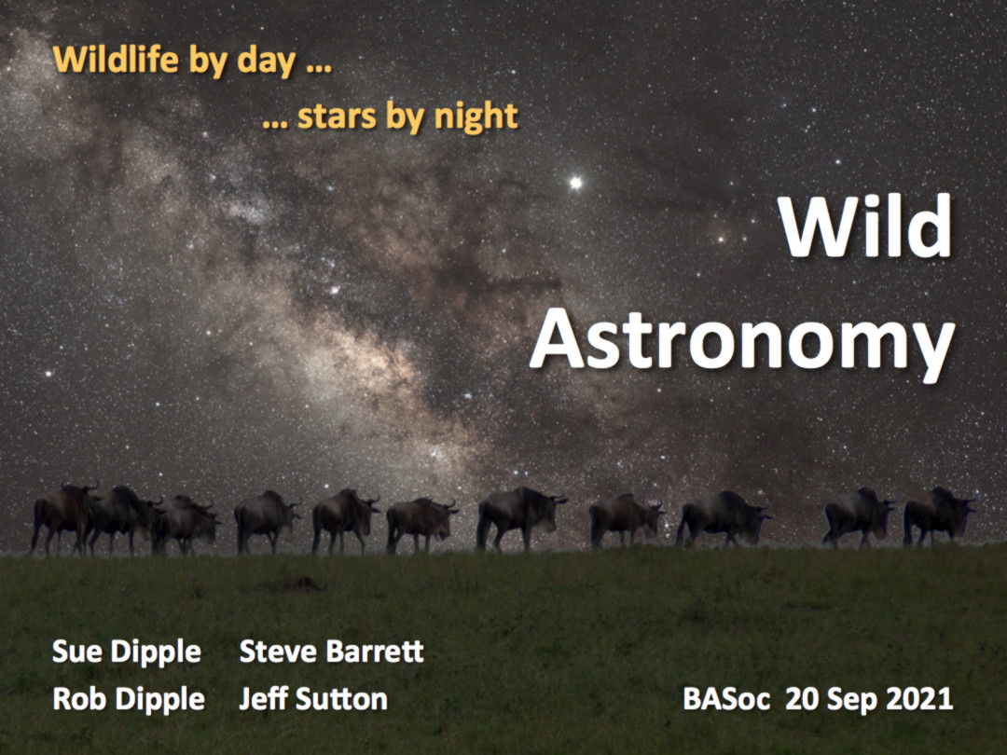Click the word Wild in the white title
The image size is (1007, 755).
[865, 226]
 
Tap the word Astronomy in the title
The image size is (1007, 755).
[742, 343]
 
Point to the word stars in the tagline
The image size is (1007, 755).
[337, 117]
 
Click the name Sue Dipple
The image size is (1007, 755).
[127, 652]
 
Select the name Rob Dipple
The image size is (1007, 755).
[129, 699]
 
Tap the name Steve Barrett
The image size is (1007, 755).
[331, 651]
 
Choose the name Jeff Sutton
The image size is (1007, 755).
[313, 698]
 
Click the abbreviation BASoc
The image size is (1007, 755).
[726, 699]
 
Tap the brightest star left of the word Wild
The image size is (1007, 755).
[576, 183]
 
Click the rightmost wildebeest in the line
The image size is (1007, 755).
[938, 515]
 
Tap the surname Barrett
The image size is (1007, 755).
[375, 651]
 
